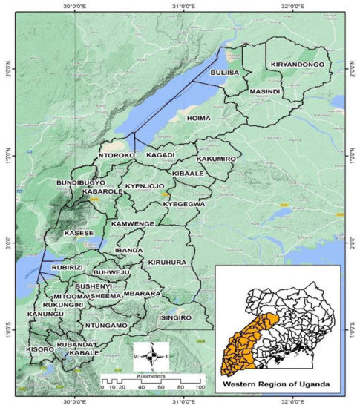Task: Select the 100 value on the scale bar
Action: (199, 388)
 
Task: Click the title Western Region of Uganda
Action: (278, 384)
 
